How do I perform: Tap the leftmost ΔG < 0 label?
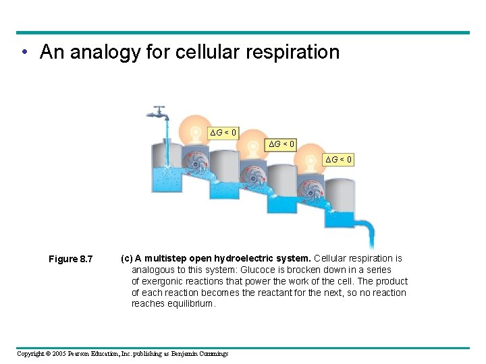click(x=223, y=132)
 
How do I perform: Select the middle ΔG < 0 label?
click(x=281, y=144)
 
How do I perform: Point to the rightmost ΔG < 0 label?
click(x=338, y=159)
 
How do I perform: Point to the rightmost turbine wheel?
click(x=313, y=193)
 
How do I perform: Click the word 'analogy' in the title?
click(x=103, y=52)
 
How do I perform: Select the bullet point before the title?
click(x=24, y=53)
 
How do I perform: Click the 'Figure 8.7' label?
click(x=70, y=260)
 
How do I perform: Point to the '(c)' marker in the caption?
click(x=126, y=258)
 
